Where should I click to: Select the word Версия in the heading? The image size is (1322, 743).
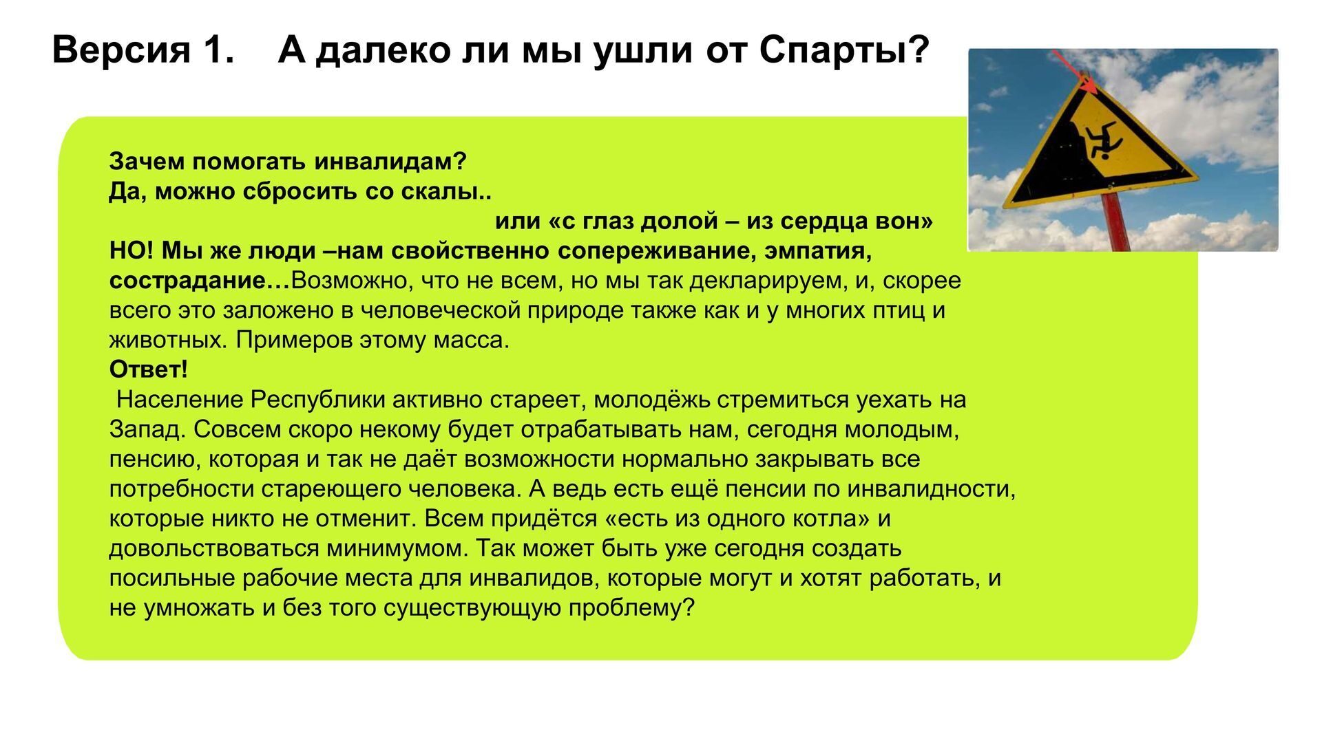coord(122,51)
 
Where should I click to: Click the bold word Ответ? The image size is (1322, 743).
coord(149,369)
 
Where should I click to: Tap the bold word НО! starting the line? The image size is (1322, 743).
coord(132,250)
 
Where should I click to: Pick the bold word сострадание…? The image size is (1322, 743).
coord(200,281)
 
